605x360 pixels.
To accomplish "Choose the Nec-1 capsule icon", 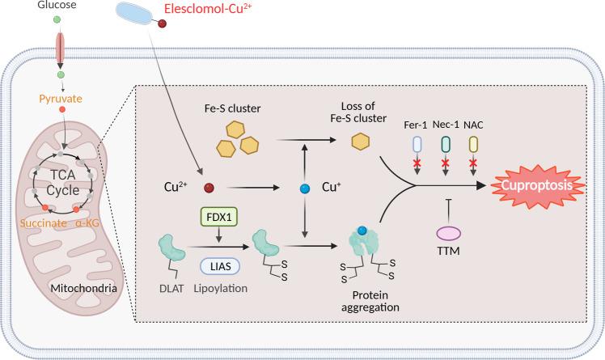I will pyautogui.click(x=445, y=144).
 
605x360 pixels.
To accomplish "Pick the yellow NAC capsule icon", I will pyautogui.click(x=473, y=144).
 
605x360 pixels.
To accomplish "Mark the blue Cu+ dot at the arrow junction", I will pyautogui.click(x=304, y=188).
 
